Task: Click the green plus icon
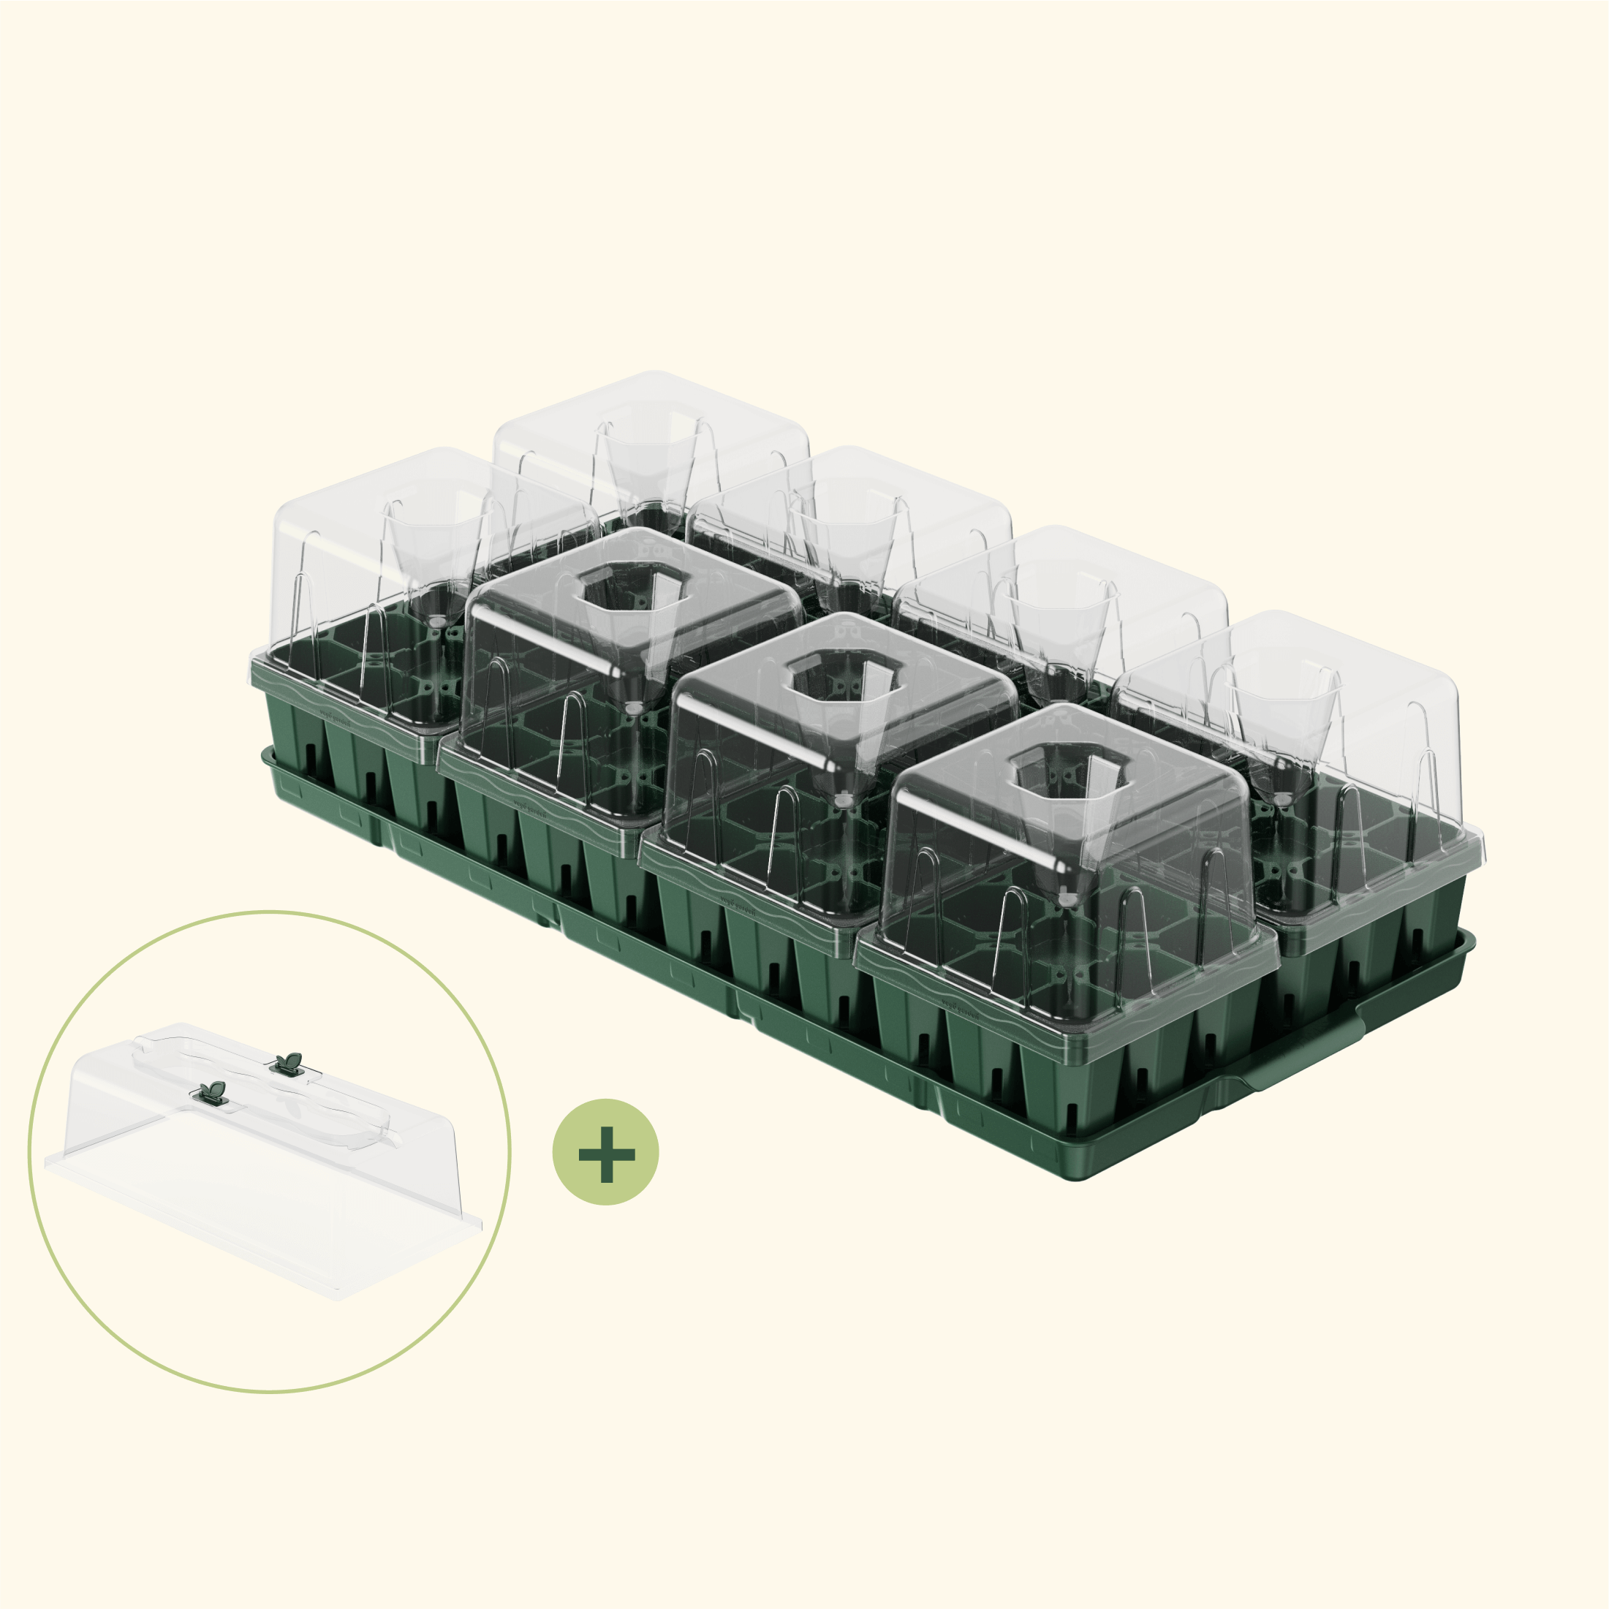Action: click(x=605, y=1153)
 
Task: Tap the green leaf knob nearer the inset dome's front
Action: click(x=213, y=1094)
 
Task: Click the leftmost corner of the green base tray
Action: click(x=265, y=754)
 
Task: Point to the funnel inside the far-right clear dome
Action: click(x=1282, y=733)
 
